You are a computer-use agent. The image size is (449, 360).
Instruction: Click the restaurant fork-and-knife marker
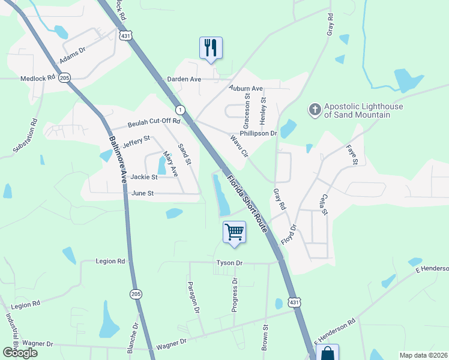point(211,48)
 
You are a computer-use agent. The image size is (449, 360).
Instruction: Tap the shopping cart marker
point(234,232)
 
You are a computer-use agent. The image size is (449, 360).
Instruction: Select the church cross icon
point(315,110)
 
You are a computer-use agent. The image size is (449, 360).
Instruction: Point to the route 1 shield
point(179,110)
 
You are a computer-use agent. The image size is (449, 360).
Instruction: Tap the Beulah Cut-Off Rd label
point(154,122)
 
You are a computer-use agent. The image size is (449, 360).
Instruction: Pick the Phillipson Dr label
point(258,133)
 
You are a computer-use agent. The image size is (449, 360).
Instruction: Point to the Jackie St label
point(144,177)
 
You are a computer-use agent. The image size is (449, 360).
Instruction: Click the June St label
point(142,193)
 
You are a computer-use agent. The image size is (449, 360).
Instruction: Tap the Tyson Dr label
point(229,263)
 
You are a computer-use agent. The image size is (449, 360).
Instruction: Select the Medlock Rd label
point(37,78)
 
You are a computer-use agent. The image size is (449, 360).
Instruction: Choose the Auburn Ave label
point(246,88)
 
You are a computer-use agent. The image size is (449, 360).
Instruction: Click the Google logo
point(20,353)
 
